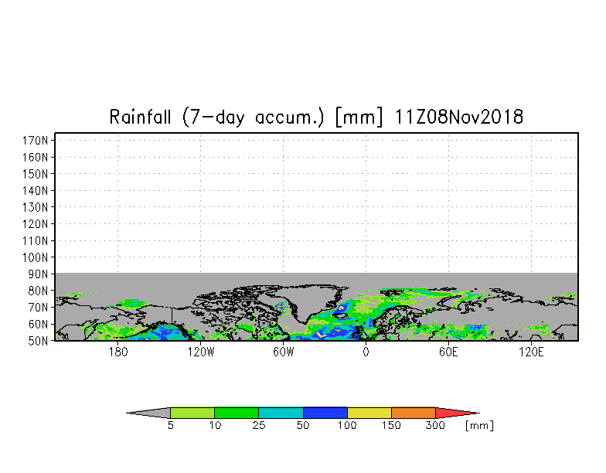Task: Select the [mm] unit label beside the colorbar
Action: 479,426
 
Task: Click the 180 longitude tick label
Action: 117,352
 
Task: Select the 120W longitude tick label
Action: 200,352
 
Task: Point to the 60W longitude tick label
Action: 283,352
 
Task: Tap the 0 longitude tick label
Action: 366,352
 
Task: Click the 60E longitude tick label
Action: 448,352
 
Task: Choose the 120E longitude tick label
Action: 531,352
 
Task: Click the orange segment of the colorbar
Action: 414,413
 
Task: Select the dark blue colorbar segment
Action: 325,413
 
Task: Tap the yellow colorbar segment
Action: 369,413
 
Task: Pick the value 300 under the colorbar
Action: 436,426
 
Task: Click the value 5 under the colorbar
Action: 170,426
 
